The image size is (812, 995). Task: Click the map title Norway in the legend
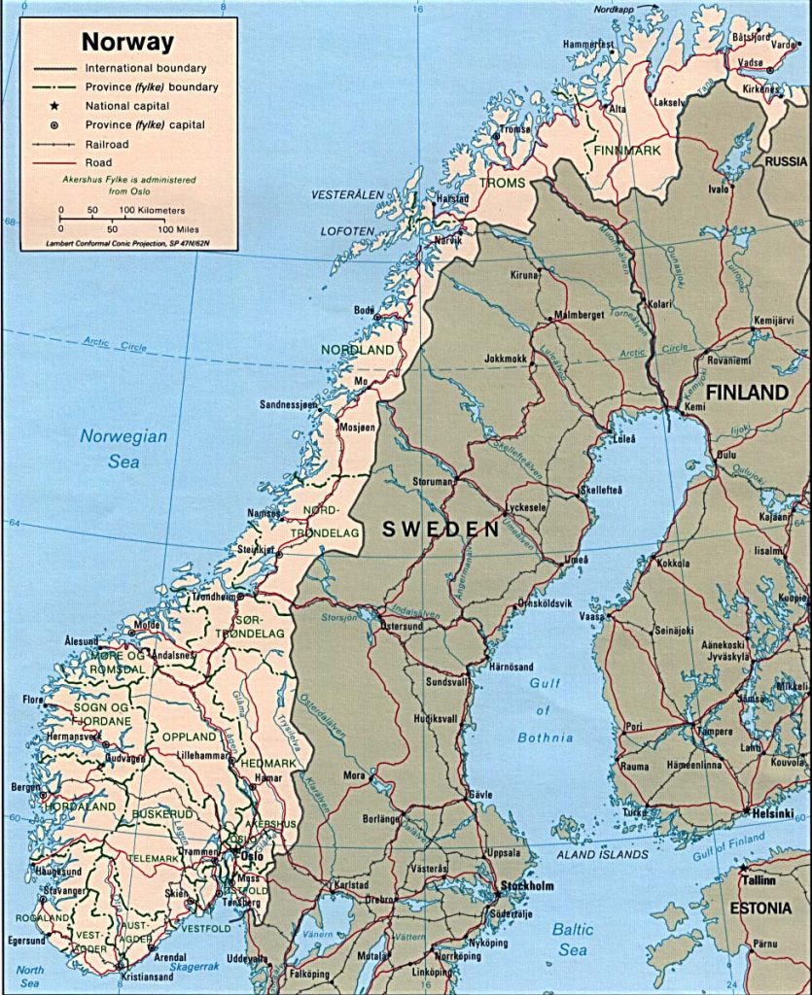pyautogui.click(x=127, y=42)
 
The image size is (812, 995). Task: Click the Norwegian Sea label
pyautogui.click(x=124, y=449)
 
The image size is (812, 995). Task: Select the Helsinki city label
pyautogui.click(x=772, y=812)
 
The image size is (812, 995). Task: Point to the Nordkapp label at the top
pyautogui.click(x=619, y=11)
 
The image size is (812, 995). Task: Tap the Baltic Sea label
pyautogui.click(x=573, y=939)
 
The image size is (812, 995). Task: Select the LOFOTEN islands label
pyautogui.click(x=347, y=231)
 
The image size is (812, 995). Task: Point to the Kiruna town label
pyautogui.click(x=523, y=275)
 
